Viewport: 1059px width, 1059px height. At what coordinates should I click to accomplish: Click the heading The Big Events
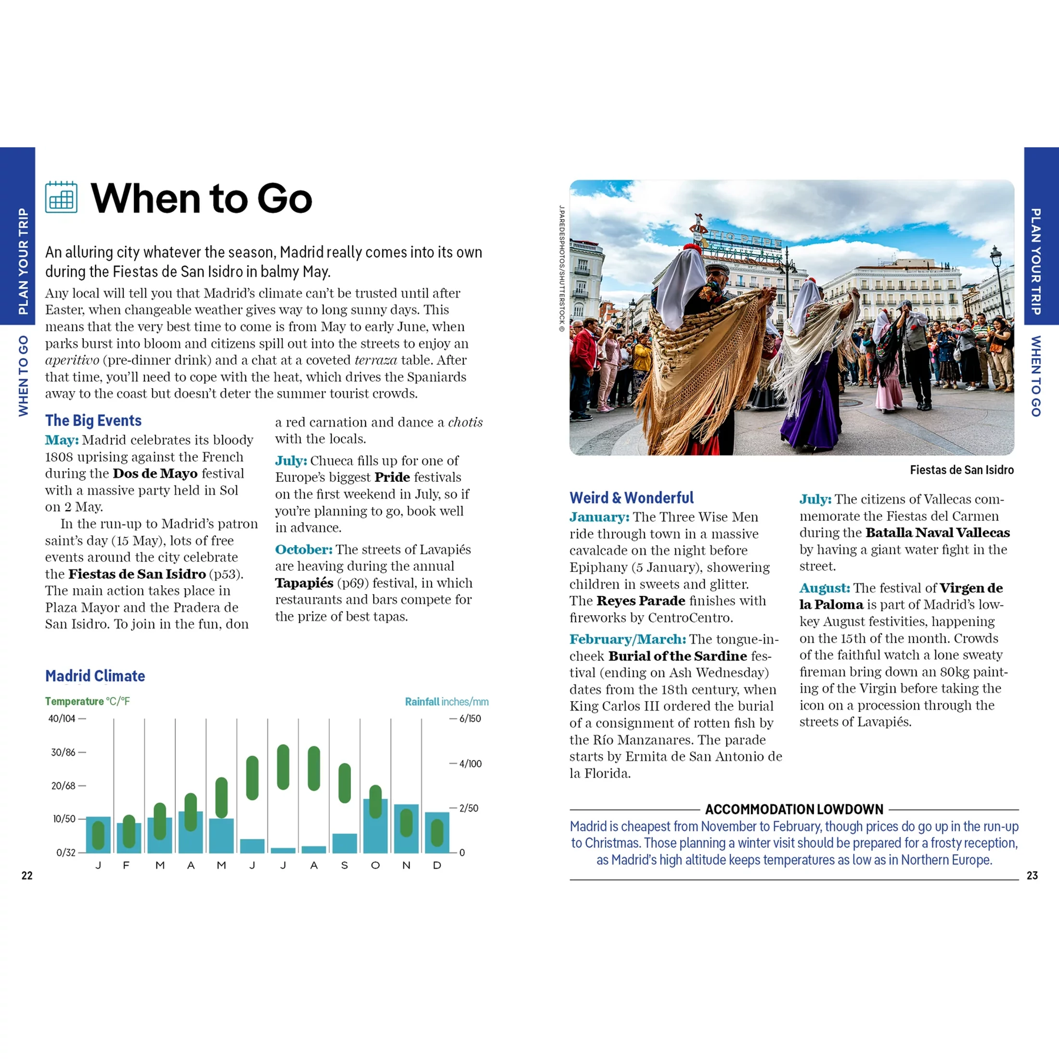[93, 420]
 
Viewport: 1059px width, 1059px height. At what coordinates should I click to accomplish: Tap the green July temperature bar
[283, 767]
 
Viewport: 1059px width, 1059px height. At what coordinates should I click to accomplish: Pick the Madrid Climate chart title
[95, 676]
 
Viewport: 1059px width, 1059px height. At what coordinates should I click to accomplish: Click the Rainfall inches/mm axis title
[446, 702]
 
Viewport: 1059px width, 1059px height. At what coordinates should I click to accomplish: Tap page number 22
[27, 876]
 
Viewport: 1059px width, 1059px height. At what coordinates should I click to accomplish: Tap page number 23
[1032, 876]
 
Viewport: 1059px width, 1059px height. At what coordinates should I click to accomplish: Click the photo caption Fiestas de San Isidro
[961, 470]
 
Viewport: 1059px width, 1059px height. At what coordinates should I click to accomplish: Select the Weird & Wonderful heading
[632, 498]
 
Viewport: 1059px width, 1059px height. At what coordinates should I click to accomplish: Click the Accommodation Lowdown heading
[794, 809]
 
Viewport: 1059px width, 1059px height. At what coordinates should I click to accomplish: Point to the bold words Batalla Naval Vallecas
[937, 533]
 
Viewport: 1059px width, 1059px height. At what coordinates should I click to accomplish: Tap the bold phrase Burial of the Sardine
[677, 656]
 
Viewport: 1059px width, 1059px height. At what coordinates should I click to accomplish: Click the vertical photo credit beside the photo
[561, 269]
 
